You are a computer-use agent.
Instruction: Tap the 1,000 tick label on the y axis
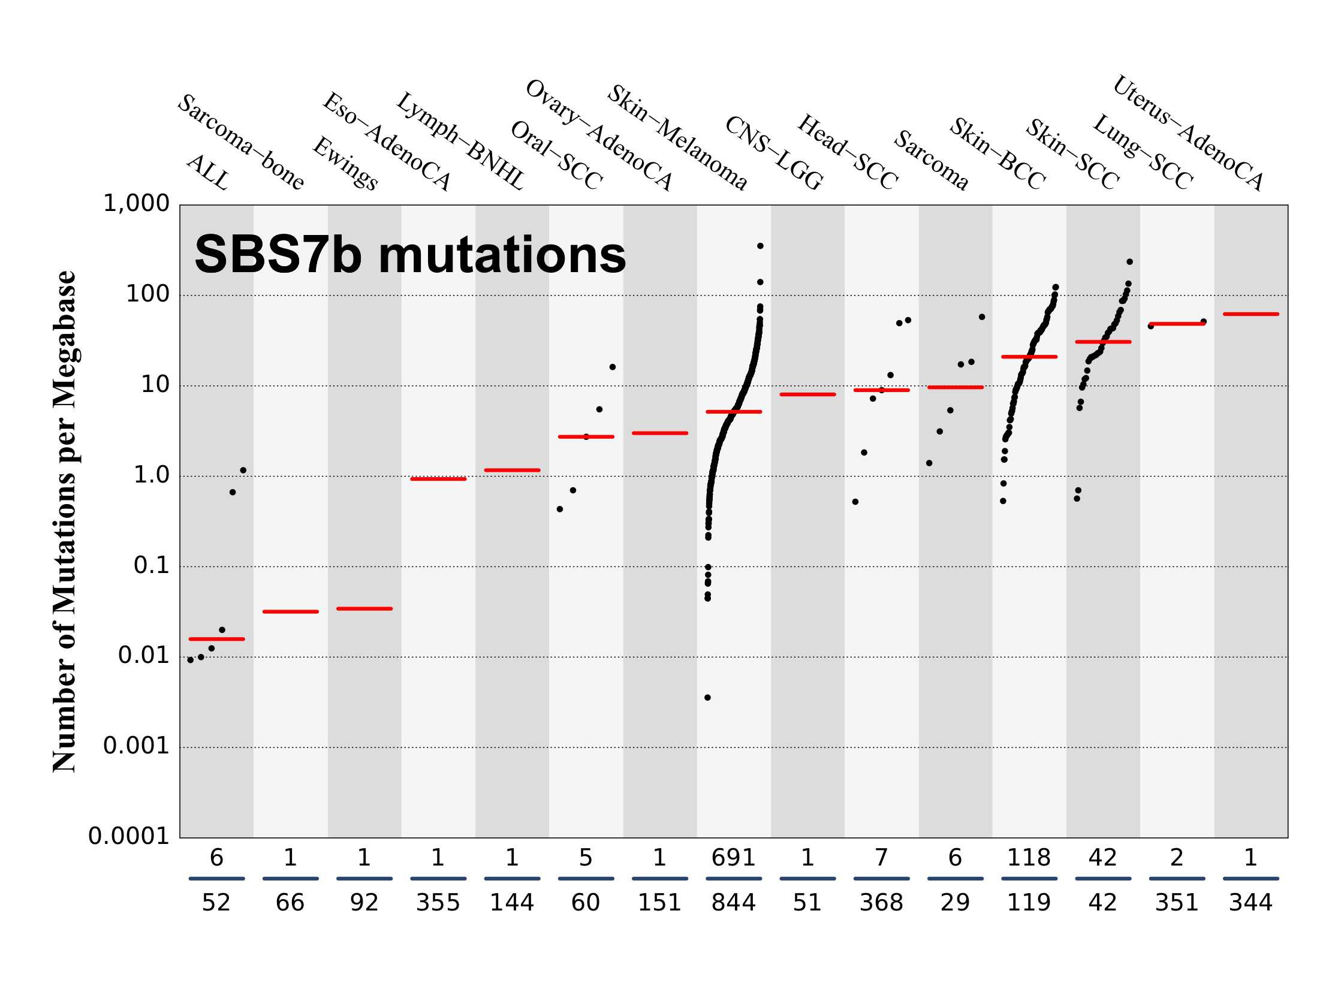[136, 204]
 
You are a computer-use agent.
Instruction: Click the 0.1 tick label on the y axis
[151, 566]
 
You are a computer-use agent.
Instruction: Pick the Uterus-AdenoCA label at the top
[1188, 133]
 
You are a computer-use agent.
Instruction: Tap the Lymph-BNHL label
[460, 141]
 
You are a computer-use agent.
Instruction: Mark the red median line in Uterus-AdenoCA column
[1250, 314]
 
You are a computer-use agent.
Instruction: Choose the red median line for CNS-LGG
[807, 394]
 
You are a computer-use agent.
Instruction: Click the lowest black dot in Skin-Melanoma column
[707, 698]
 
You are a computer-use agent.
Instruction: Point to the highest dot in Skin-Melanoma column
[760, 246]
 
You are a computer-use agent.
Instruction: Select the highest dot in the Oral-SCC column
[612, 367]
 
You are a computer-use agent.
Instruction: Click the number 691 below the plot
[733, 858]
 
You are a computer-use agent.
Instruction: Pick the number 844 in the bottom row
[733, 903]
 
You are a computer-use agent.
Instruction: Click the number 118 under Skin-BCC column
[1029, 858]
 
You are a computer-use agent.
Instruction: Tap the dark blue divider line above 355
[438, 879]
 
